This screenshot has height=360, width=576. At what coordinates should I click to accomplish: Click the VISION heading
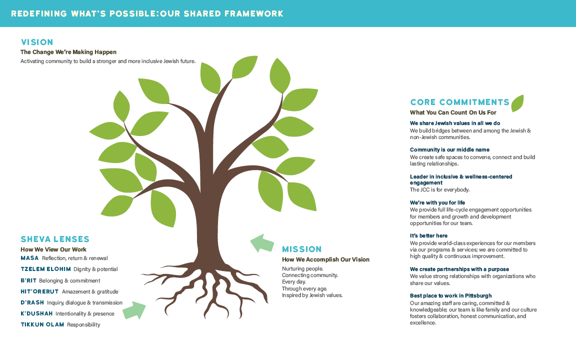click(x=36, y=42)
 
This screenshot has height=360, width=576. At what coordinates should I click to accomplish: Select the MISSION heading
click(x=302, y=249)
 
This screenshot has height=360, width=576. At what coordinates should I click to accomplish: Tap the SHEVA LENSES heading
click(x=55, y=239)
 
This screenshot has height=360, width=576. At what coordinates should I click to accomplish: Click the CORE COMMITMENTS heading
click(x=459, y=102)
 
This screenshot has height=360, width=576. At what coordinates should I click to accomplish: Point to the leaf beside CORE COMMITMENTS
click(x=517, y=103)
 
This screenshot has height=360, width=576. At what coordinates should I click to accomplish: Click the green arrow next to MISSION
click(x=262, y=243)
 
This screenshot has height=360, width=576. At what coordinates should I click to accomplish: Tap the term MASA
click(x=29, y=258)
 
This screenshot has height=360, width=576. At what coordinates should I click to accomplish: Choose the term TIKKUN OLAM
click(x=42, y=325)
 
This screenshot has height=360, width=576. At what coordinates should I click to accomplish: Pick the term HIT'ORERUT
click(x=39, y=291)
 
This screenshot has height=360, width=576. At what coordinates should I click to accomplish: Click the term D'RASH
click(x=32, y=302)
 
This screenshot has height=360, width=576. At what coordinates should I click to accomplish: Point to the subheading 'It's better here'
click(x=428, y=235)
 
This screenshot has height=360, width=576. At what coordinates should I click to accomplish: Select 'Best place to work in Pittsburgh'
click(x=450, y=295)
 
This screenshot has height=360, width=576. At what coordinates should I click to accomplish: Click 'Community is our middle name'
click(x=449, y=149)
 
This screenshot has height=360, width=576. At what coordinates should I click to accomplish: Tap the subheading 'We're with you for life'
click(x=437, y=202)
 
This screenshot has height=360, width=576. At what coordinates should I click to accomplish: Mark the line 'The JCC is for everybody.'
click(x=439, y=189)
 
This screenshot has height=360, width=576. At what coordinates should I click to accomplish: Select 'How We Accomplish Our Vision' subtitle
click(x=325, y=259)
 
